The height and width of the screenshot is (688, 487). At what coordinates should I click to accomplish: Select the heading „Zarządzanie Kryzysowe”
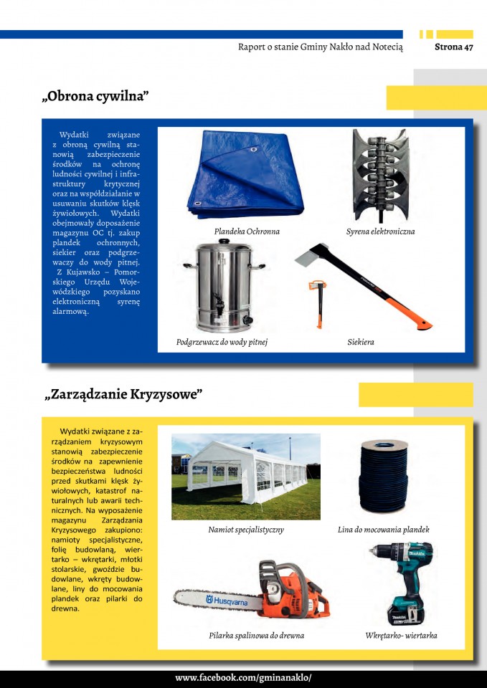pos(123,394)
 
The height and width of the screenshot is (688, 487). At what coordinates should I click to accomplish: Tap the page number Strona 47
pos(453,47)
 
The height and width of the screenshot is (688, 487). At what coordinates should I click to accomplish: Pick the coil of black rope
pos(383,477)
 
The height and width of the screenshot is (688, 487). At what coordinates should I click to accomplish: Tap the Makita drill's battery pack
pos(406,614)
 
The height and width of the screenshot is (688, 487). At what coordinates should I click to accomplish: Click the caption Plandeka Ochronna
pos(247,231)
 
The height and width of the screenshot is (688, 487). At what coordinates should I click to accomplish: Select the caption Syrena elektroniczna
pos(380,231)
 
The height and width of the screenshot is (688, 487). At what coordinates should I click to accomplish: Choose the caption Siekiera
pos(360,342)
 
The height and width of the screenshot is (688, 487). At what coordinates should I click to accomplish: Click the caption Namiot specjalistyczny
pos(246,530)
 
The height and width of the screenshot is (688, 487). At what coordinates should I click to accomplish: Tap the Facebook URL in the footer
pos(243,678)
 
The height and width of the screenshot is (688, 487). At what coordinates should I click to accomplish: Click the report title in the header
pos(320,47)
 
